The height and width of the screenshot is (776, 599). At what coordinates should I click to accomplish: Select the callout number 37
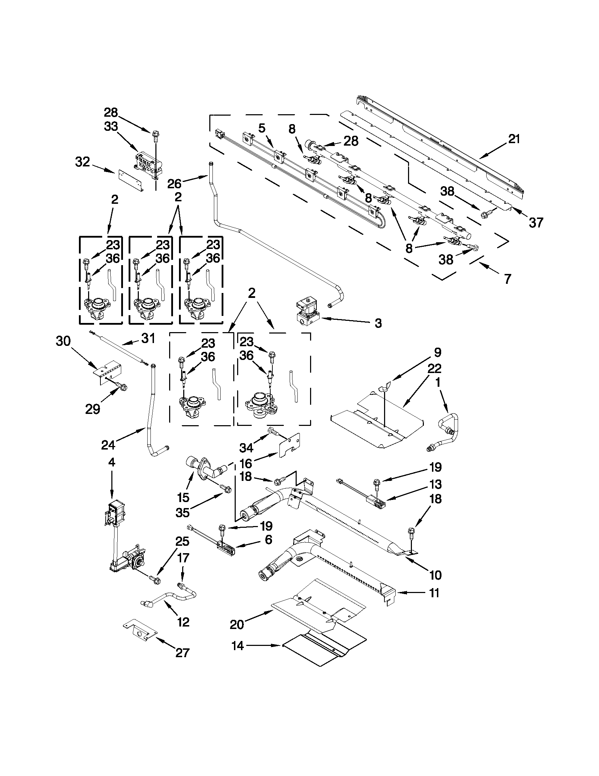[536, 223]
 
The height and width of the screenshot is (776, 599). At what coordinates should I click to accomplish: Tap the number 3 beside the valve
[378, 323]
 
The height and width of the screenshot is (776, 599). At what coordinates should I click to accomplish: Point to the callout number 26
[174, 183]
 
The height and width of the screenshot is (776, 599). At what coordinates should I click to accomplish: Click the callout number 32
[82, 162]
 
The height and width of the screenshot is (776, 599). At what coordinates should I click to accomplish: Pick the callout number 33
[111, 126]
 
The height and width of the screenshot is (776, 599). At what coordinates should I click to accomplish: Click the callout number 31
[148, 338]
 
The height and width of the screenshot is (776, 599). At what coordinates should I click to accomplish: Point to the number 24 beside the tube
[109, 445]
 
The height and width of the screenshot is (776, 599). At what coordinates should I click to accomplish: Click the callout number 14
[237, 646]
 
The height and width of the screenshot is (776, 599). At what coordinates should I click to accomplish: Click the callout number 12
[183, 622]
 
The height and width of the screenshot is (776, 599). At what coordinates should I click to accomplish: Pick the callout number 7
[507, 279]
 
